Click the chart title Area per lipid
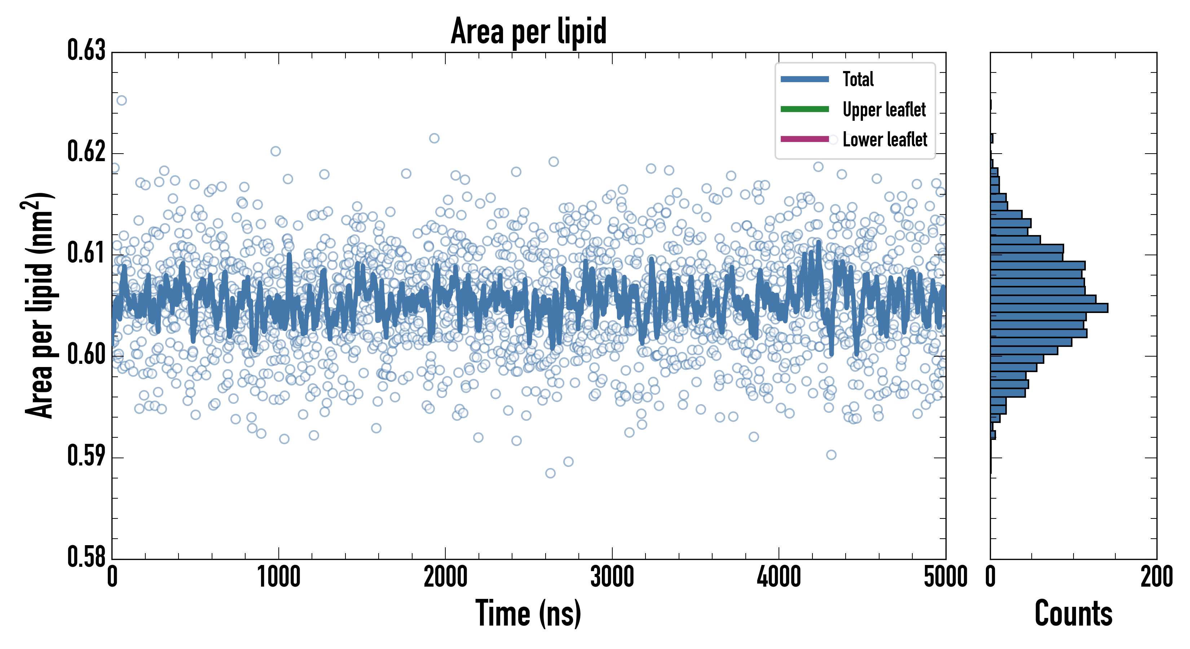pos(529,31)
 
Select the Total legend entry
pos(858,79)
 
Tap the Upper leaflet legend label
pos(884,110)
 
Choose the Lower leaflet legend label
pos(885,139)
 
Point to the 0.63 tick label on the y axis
pos(87,51)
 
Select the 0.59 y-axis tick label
pos(87,456)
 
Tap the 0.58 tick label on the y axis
pos(87,557)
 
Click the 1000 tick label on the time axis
pos(278,577)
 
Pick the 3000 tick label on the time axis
pos(612,577)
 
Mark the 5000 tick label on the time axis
pos(945,577)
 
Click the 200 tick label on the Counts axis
pos(1156,577)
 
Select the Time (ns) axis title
pos(529,613)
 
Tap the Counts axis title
pos(1073,613)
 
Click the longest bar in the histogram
pos(1049,308)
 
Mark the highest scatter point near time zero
pos(122,100)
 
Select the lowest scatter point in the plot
pos(550,473)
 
